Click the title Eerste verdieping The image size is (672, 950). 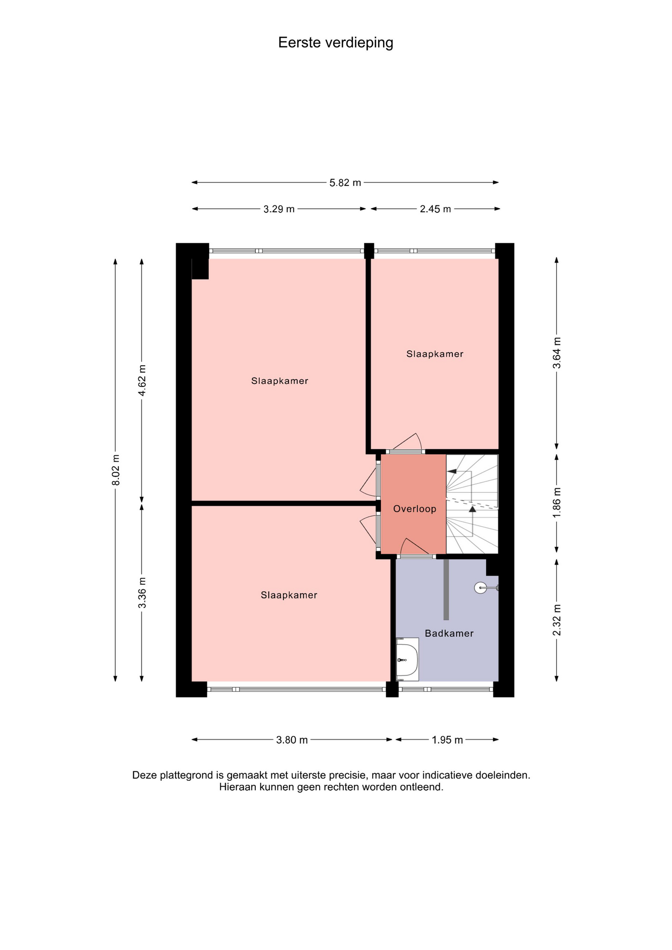click(x=336, y=43)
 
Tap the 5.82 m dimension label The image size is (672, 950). click(x=345, y=183)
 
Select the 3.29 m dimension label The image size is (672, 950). click(x=279, y=209)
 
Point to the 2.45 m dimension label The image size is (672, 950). click(x=435, y=209)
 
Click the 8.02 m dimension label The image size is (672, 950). click(x=116, y=470)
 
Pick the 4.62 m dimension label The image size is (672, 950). click(x=143, y=380)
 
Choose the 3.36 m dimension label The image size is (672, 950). click(x=143, y=593)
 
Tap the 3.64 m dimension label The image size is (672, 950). click(x=557, y=353)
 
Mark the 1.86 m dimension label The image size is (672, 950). click(x=557, y=503)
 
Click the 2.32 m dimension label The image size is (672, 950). click(x=557, y=620)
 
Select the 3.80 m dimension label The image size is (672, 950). click(x=292, y=740)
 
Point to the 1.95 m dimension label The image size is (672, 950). click(x=447, y=740)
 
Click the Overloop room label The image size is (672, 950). click(x=415, y=509)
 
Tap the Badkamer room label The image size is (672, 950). click(x=449, y=633)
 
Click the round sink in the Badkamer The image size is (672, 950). click(x=481, y=588)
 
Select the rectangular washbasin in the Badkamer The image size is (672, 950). click(x=408, y=659)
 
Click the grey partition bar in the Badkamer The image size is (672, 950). click(x=446, y=589)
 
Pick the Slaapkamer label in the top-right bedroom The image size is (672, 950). click(x=435, y=354)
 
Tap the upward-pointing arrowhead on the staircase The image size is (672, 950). click(x=473, y=508)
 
